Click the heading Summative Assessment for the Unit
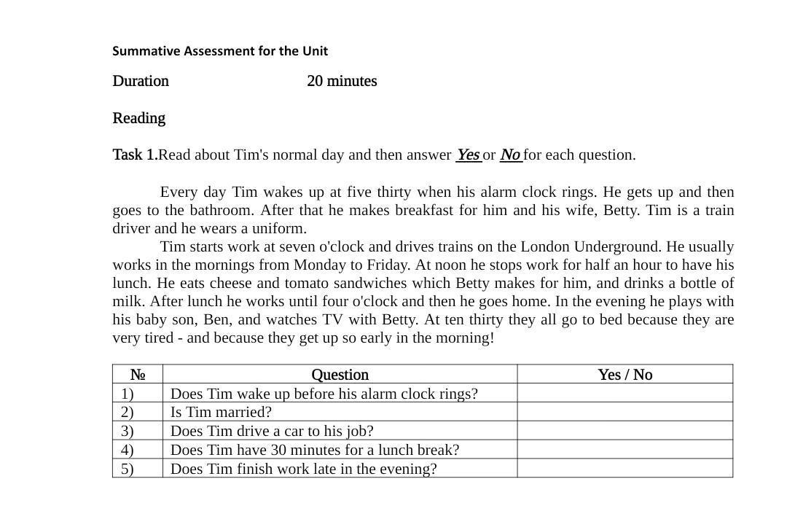[x=220, y=51]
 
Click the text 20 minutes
[x=342, y=81]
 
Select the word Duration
[x=141, y=81]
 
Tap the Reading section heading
[x=138, y=118]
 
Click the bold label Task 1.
[x=135, y=155]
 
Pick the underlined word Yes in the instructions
[x=468, y=155]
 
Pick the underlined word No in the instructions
[x=510, y=155]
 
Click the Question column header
[x=340, y=375]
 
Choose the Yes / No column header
[x=624, y=375]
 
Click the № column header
[x=138, y=375]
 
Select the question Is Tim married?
[x=221, y=412]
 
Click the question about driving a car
[x=272, y=431]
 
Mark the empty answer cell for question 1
[x=624, y=394]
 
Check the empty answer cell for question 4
[x=624, y=450]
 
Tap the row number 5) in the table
[x=128, y=469]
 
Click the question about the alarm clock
[x=324, y=394]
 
